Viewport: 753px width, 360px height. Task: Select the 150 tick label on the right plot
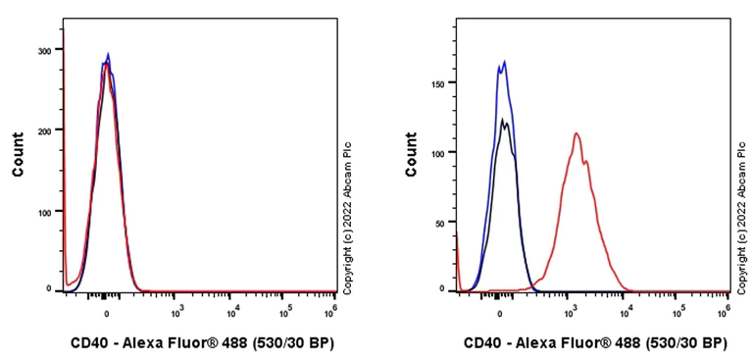pos(438,84)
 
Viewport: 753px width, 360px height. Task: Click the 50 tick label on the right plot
pos(441,223)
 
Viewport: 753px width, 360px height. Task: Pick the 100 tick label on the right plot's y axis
pos(438,153)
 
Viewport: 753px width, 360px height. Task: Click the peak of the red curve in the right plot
pos(577,133)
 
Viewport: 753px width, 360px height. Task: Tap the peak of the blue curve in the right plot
pos(504,62)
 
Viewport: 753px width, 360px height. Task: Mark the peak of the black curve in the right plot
pos(503,120)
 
